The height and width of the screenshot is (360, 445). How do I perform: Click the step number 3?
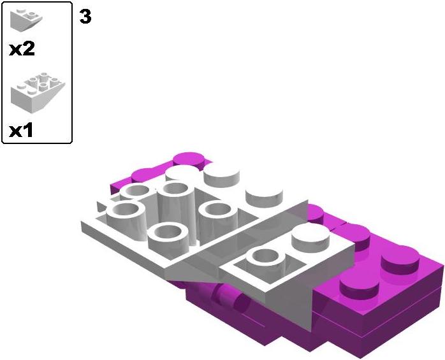coord(85,17)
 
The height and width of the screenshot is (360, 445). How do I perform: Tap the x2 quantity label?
coord(22,49)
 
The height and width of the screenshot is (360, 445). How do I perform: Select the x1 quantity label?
coord(21,131)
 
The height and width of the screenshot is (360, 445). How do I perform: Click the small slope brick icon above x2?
coord(26,20)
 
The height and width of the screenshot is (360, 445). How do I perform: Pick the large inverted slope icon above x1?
coord(38,92)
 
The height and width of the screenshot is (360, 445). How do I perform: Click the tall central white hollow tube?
coord(177,210)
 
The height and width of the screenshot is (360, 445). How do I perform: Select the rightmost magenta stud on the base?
coord(400,261)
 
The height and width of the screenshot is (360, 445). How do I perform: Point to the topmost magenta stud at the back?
coord(189,160)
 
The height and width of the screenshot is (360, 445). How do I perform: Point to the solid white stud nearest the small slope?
coord(264,196)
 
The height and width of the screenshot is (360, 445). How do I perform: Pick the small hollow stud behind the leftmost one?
coord(135,192)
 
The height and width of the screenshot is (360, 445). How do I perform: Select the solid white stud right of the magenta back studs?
coord(221,175)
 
